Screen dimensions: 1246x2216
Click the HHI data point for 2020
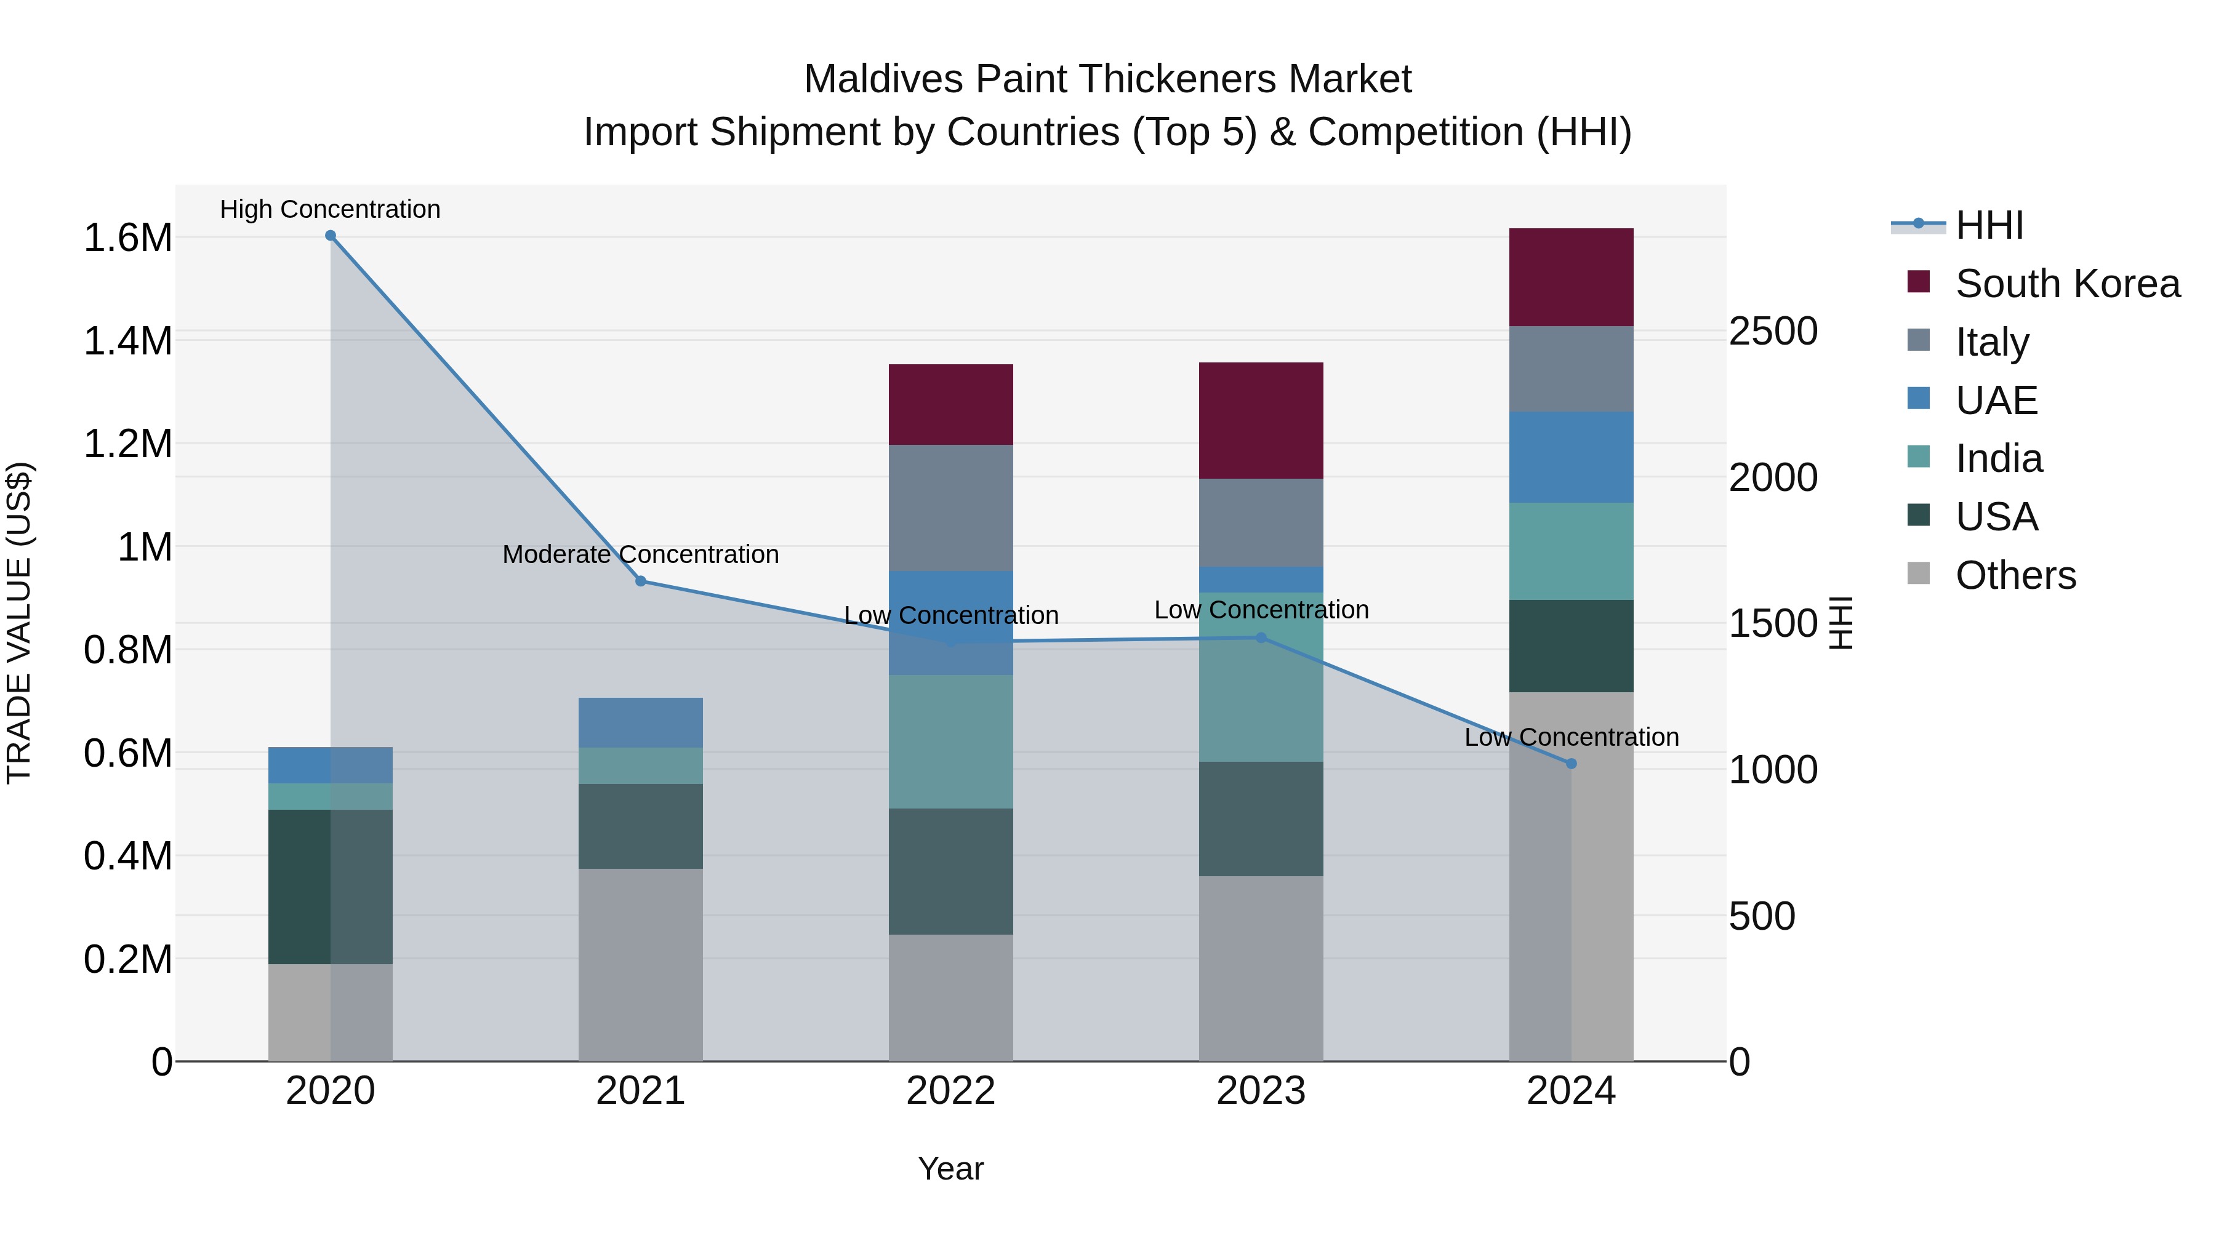(x=331, y=236)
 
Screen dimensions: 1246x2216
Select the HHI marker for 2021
(x=641, y=581)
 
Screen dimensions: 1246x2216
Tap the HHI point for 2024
(x=1571, y=764)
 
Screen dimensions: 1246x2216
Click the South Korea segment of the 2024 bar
(x=1571, y=277)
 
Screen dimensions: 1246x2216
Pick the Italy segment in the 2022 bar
(x=950, y=508)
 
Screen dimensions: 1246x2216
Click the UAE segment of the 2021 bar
(x=641, y=722)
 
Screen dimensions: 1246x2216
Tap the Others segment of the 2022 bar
(x=950, y=997)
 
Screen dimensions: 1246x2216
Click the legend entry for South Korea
(x=2067, y=284)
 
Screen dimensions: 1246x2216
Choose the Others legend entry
(x=2015, y=575)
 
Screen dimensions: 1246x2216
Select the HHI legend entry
(x=1989, y=225)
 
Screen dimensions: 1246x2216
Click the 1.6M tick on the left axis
(x=128, y=238)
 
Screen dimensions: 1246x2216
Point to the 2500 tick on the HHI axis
(x=1774, y=332)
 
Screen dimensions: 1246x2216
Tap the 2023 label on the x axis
(x=1261, y=1091)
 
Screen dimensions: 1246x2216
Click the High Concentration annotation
(x=331, y=209)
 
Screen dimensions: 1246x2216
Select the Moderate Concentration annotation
(x=641, y=554)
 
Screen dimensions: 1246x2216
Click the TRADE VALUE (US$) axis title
(x=19, y=623)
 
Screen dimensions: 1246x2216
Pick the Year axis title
(x=950, y=1168)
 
